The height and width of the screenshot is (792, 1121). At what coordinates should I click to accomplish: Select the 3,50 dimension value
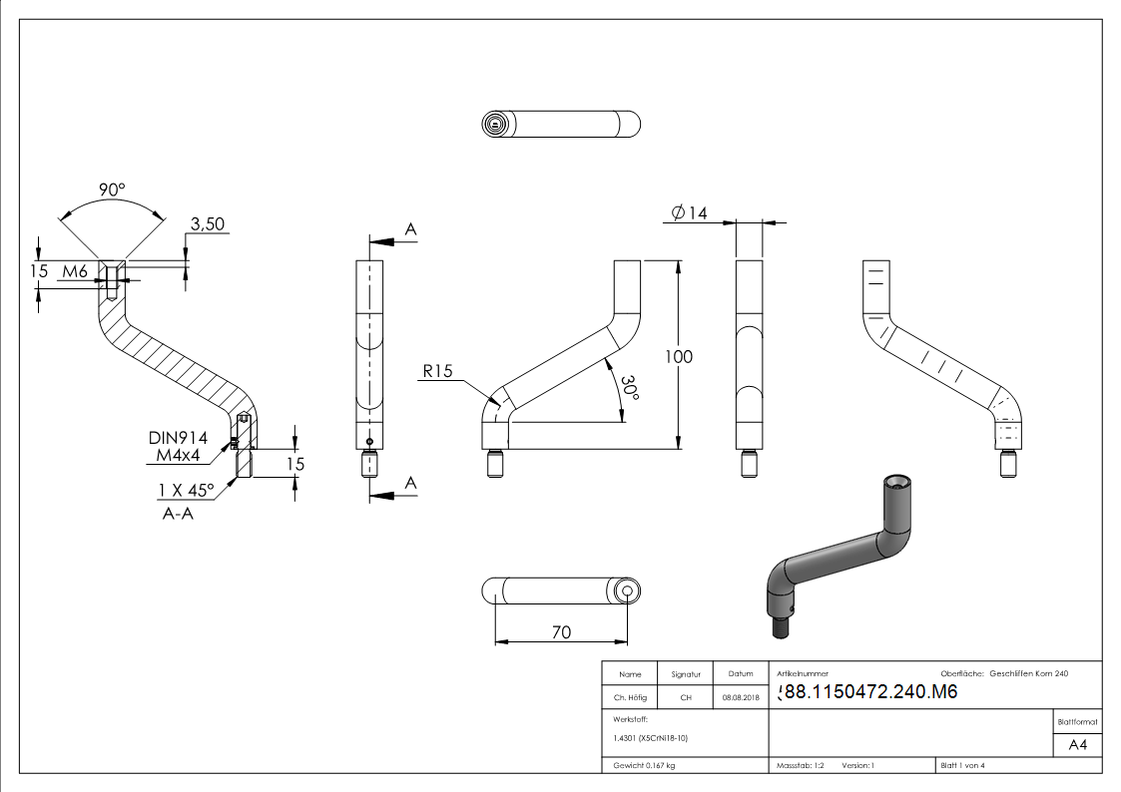pyautogui.click(x=207, y=224)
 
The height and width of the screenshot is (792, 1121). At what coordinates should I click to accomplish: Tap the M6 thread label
pyautogui.click(x=76, y=271)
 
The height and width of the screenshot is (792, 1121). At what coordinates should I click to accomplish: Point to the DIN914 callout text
pyautogui.click(x=178, y=437)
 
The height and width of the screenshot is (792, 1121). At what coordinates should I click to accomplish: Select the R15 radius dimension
pyautogui.click(x=437, y=371)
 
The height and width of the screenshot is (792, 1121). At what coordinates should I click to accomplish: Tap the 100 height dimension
pyautogui.click(x=679, y=356)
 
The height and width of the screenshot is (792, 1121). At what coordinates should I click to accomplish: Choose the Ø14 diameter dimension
pyautogui.click(x=689, y=212)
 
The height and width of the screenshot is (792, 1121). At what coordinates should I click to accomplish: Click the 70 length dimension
pyautogui.click(x=561, y=631)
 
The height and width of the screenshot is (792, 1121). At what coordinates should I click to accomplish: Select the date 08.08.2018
pyautogui.click(x=741, y=698)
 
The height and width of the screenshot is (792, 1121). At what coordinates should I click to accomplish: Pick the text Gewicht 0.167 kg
pyautogui.click(x=644, y=765)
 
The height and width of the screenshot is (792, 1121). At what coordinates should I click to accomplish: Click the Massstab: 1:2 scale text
pyautogui.click(x=801, y=765)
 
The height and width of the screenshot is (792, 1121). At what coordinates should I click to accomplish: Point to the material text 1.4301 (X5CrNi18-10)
pyautogui.click(x=651, y=738)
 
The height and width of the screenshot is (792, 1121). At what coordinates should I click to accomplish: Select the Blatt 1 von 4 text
pyautogui.click(x=963, y=765)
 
